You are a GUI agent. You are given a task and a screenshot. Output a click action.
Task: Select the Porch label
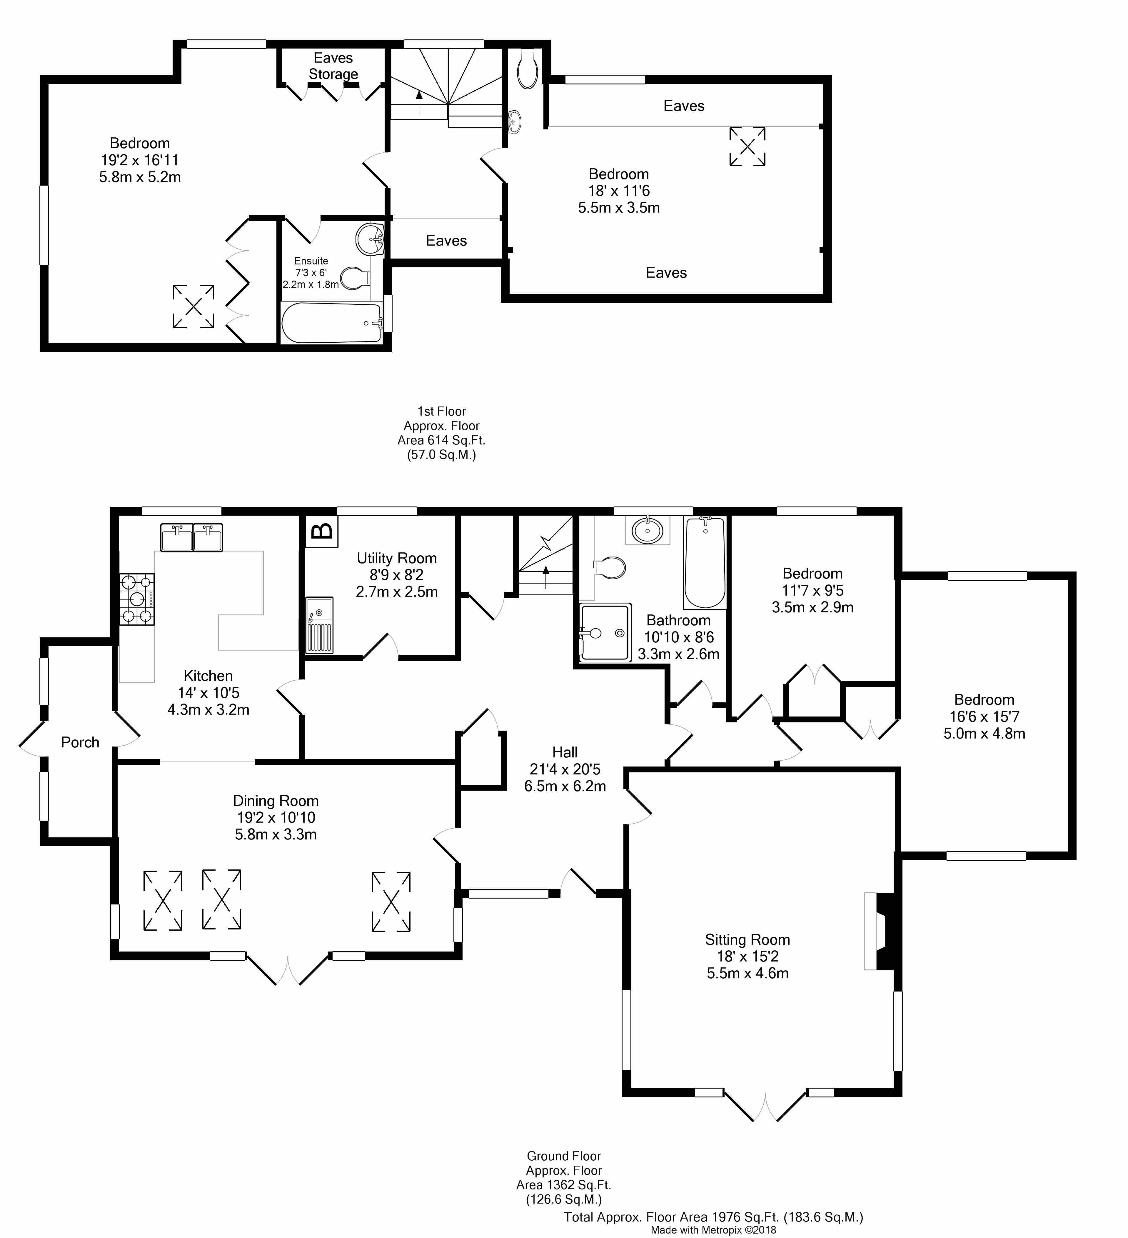(x=80, y=742)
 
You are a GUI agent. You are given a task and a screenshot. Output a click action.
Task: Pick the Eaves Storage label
(x=333, y=66)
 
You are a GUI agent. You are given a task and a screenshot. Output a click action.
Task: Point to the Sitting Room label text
(x=747, y=939)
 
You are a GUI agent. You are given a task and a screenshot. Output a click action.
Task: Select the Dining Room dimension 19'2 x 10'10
(x=276, y=817)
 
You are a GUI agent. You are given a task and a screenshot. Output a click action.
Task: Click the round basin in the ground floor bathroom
(x=647, y=529)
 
